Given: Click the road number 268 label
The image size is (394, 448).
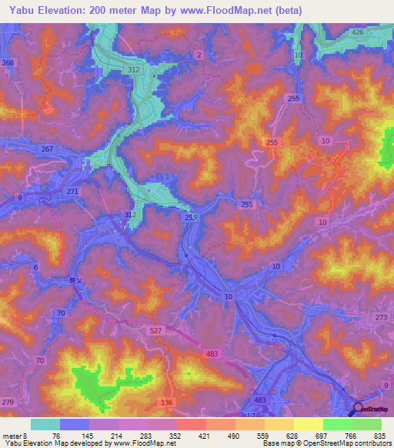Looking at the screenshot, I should [8, 63].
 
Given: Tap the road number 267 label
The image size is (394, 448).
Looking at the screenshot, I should [47, 149].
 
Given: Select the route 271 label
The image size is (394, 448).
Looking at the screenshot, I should [72, 191].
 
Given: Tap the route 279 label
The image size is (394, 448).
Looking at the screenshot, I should [8, 403].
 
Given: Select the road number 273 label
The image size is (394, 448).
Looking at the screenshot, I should [382, 317].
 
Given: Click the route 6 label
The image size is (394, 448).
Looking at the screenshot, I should [35, 267].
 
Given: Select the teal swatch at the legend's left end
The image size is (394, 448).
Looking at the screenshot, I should [45, 424].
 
